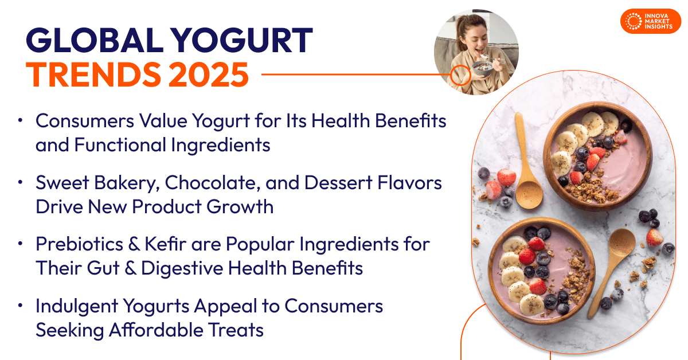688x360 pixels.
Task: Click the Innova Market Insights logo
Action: [x=650, y=21]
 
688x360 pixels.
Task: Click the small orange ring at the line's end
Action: [x=459, y=75]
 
